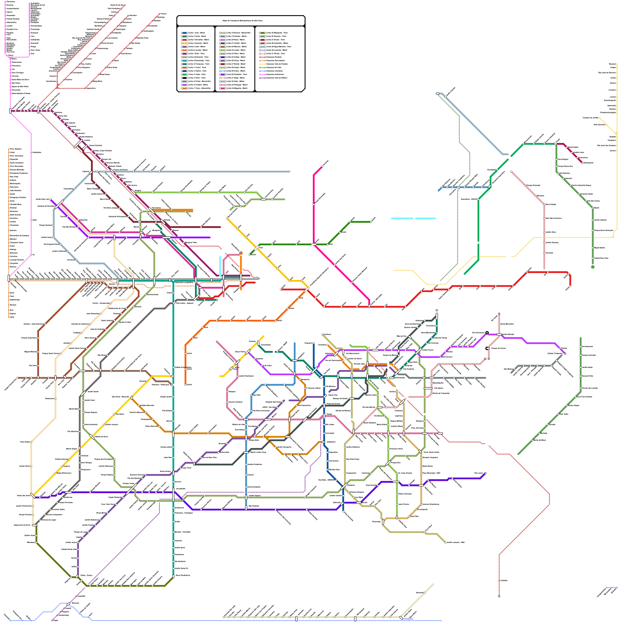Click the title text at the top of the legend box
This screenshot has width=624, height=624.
[x=242, y=21]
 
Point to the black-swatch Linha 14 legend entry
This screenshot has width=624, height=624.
[x=195, y=78]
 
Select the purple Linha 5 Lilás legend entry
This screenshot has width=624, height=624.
[x=195, y=47]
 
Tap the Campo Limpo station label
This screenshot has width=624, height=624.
[x=128, y=483]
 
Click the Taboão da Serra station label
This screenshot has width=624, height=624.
[x=101, y=436]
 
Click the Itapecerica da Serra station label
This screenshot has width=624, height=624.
[x=22, y=525]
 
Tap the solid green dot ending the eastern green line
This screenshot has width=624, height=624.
[x=593, y=267]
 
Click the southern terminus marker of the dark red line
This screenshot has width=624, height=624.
[x=499, y=596]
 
